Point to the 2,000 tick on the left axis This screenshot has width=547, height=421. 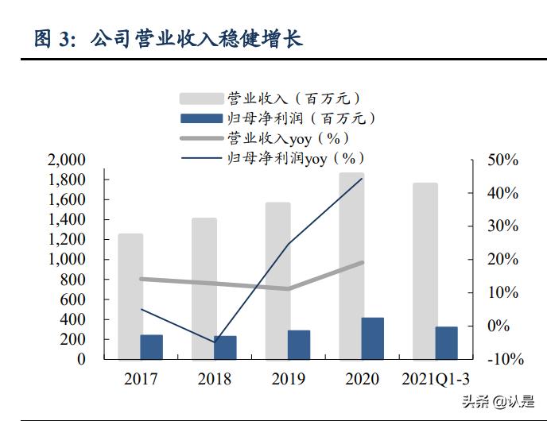click(68, 160)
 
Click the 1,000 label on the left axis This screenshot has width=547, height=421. click(68, 260)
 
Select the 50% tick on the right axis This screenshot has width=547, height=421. click(502, 160)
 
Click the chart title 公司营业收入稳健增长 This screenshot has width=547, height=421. click(196, 37)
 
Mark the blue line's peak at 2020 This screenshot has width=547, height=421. click(362, 179)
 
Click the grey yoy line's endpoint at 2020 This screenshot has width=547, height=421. click(363, 262)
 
